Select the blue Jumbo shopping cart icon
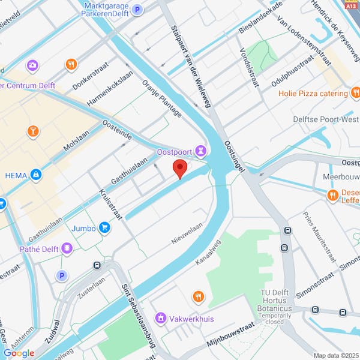[x=105, y=227]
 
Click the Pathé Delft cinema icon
[x=67, y=247]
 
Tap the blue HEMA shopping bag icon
[x=36, y=175]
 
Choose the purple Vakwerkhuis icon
[x=160, y=317]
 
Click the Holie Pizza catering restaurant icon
[x=355, y=93]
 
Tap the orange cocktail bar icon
[x=34, y=130]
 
